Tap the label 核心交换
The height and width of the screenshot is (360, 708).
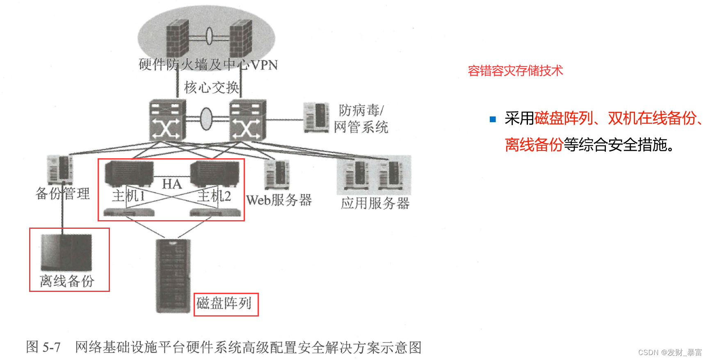point(211,87)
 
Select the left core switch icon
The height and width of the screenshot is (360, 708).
point(167,120)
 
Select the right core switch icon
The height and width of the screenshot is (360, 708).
point(248,120)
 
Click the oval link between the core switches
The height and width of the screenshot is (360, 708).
point(206,119)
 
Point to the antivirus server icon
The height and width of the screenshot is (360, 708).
point(316,117)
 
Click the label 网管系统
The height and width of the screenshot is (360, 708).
point(361,127)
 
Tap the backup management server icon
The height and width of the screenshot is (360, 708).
point(60,169)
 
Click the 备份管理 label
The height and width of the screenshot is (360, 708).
point(63,194)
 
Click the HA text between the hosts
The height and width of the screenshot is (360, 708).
point(172,184)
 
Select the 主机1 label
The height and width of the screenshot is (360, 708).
point(129,196)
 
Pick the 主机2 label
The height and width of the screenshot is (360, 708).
point(215,196)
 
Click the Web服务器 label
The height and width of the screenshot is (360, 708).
point(279,200)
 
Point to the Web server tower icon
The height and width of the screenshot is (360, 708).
point(277,174)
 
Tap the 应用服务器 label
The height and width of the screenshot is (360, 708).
point(375,203)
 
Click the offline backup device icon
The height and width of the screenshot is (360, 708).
point(66,252)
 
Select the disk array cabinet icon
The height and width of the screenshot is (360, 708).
point(173,276)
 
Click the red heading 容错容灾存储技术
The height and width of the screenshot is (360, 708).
point(515,71)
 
